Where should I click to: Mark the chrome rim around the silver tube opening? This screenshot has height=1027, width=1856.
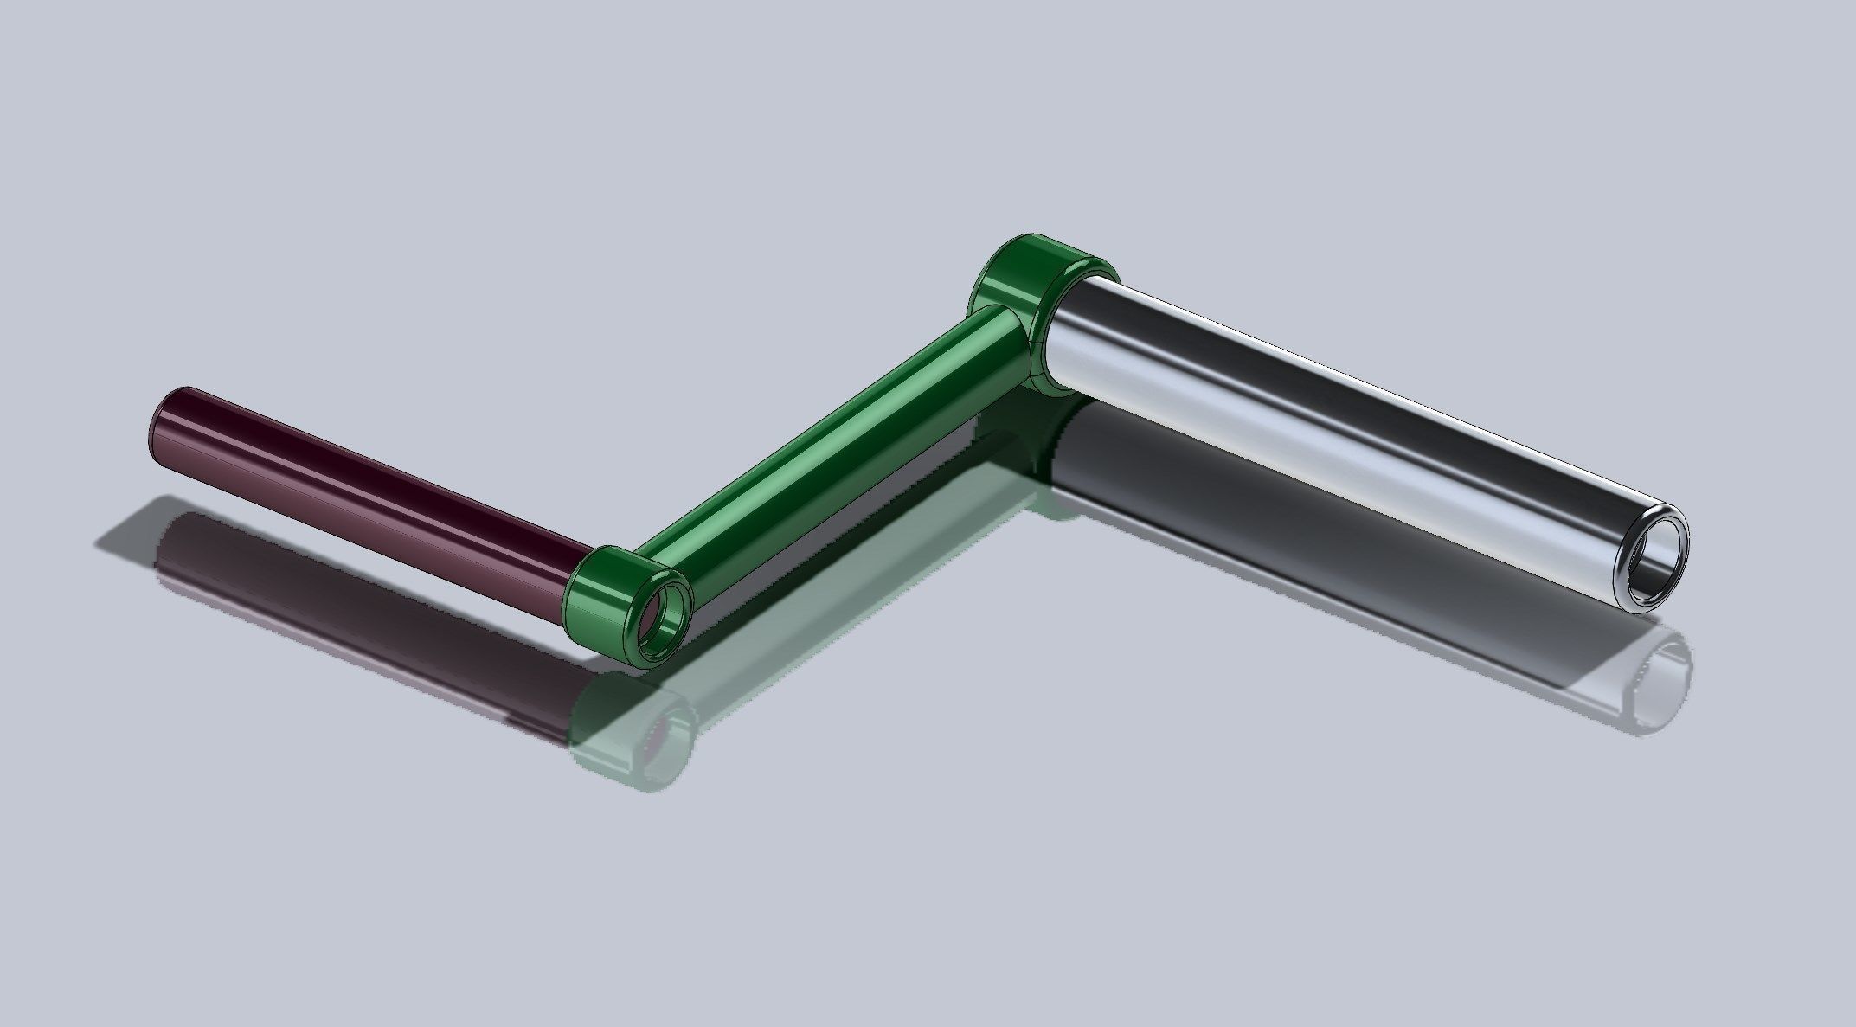coord(1683,536)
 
